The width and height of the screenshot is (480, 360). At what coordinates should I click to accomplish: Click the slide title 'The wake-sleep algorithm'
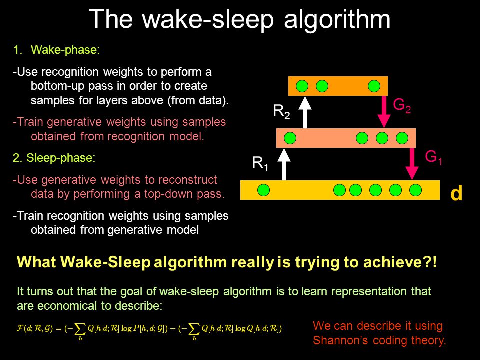239,19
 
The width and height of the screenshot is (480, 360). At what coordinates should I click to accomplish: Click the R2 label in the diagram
281,111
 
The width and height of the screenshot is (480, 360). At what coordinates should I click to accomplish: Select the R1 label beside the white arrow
260,163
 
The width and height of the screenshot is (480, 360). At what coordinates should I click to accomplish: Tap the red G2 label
402,105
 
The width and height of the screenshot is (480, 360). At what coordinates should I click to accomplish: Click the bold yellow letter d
456,194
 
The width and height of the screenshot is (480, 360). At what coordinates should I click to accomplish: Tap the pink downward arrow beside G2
384,111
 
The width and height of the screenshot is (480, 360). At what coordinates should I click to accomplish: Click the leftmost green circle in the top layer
302,86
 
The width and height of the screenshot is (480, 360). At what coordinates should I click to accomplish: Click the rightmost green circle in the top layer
374,86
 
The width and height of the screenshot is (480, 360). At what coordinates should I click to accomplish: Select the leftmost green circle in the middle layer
290,138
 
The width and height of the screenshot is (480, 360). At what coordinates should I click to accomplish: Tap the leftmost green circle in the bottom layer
263,190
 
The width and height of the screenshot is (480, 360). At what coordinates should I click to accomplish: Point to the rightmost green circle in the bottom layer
416,190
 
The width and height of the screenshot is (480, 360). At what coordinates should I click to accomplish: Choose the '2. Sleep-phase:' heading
53,158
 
